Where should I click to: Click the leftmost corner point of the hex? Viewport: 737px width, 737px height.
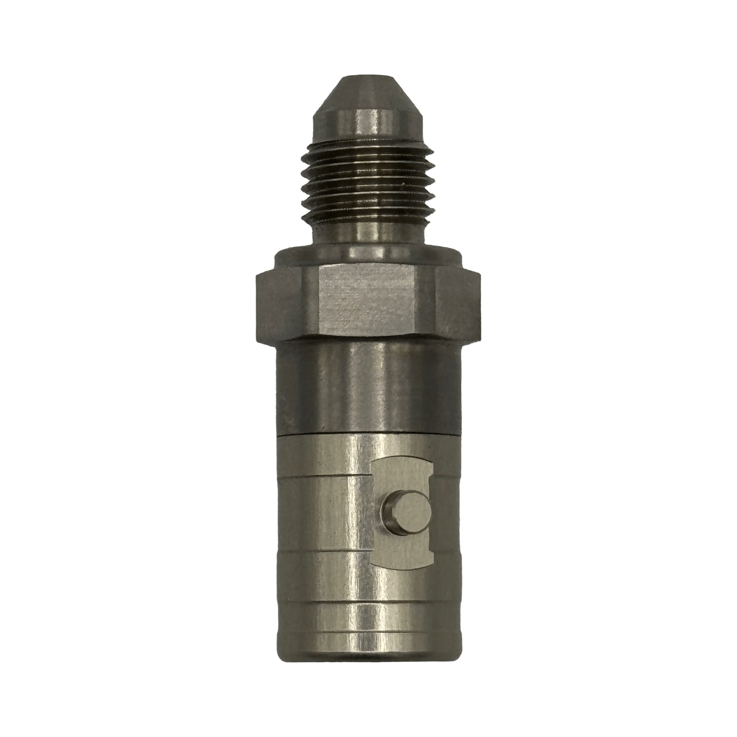[254, 304]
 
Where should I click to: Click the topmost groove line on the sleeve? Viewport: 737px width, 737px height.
[322, 475]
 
